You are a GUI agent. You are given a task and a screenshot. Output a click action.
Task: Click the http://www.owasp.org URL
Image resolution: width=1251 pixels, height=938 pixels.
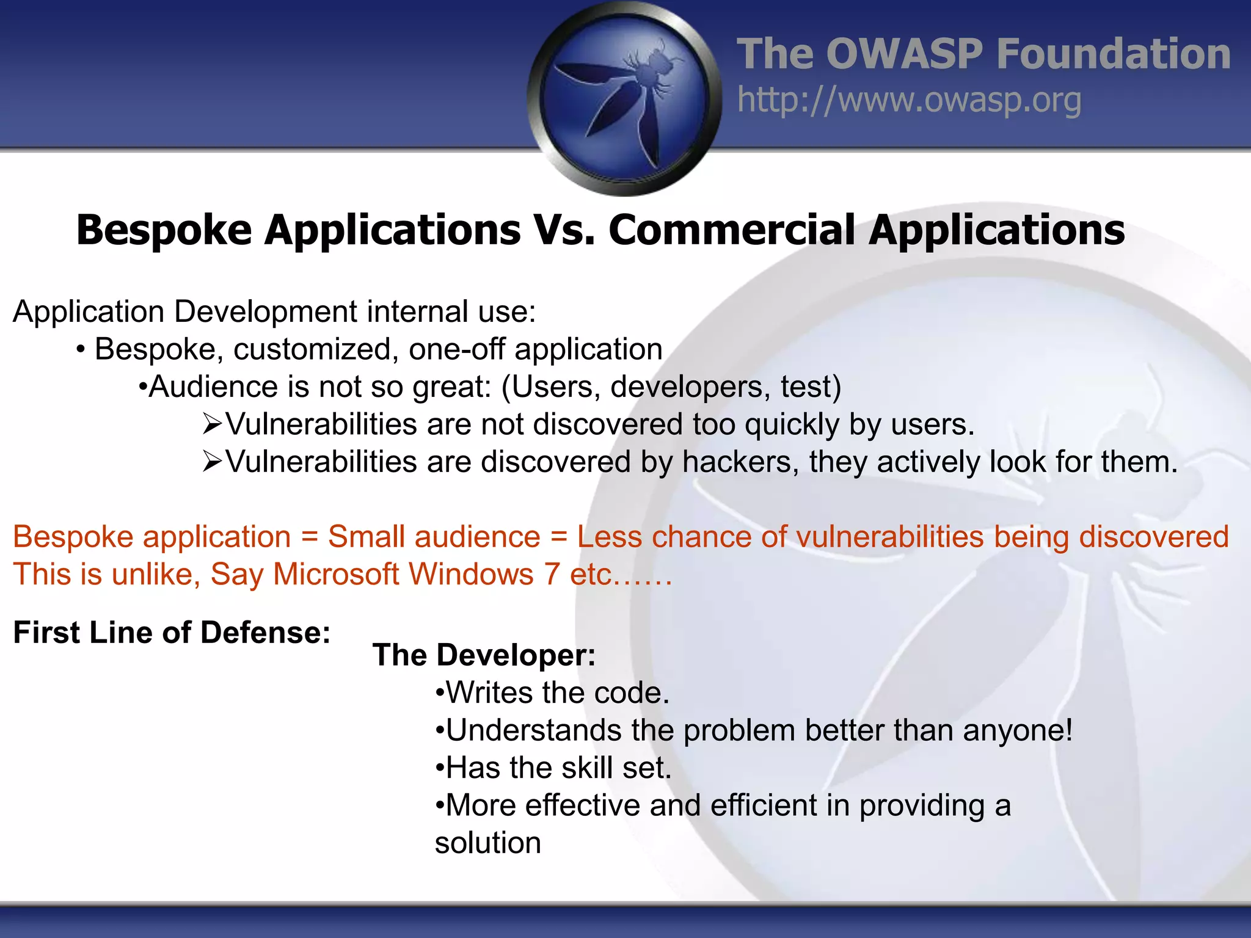point(909,100)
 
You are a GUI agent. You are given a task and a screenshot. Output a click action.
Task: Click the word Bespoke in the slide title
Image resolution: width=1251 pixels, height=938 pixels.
point(164,230)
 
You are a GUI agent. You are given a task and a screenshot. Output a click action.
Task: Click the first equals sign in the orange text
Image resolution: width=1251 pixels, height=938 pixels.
point(310,537)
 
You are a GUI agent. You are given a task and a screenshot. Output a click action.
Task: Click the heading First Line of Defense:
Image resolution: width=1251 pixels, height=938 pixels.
point(172,633)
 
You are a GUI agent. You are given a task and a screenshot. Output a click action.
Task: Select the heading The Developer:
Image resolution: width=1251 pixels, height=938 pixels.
point(484,655)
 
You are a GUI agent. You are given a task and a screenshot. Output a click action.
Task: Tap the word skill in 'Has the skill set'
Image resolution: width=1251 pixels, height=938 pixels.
point(587,768)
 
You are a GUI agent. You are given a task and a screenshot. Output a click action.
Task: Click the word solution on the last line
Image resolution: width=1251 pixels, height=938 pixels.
point(487,843)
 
